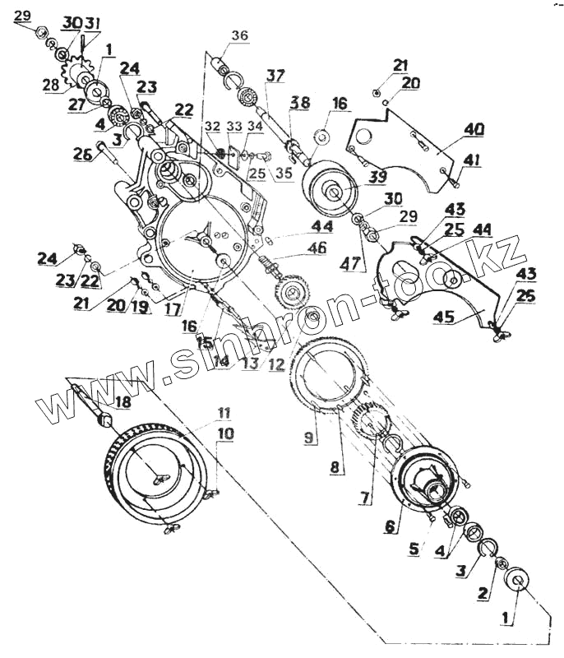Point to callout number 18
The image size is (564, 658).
122,401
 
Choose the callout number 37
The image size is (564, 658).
274,76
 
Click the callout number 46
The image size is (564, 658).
294,247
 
